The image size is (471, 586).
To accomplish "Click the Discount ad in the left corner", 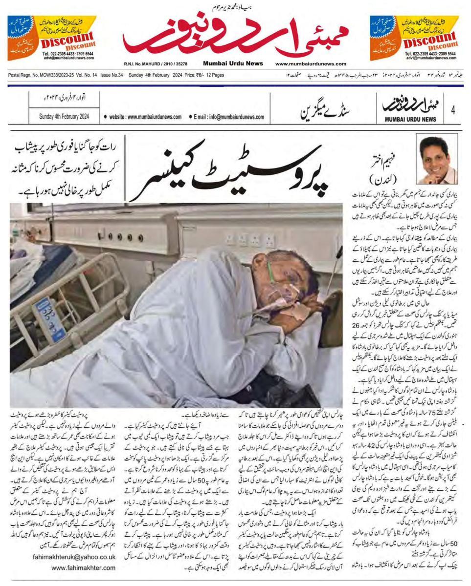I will [52, 38].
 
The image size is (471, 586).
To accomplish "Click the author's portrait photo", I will [437, 159].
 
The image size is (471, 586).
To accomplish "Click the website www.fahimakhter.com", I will [84, 568].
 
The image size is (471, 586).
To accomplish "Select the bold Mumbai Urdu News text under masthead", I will [233, 64].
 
